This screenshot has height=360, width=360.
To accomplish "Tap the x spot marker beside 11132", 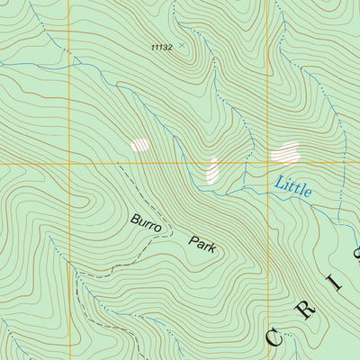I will click(x=181, y=44).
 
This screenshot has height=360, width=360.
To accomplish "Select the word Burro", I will click(x=146, y=223).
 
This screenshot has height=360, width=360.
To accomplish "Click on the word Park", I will click(x=204, y=244).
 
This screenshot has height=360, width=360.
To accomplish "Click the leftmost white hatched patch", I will click(x=139, y=144).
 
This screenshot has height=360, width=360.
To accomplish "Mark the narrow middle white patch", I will click(x=213, y=169).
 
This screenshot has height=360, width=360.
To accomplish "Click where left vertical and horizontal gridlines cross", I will click(x=69, y=164).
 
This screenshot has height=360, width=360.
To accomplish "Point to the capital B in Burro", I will click(x=134, y=218).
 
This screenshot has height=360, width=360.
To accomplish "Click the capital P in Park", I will click(x=193, y=239).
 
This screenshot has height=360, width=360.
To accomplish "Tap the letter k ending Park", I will click(x=216, y=249).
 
